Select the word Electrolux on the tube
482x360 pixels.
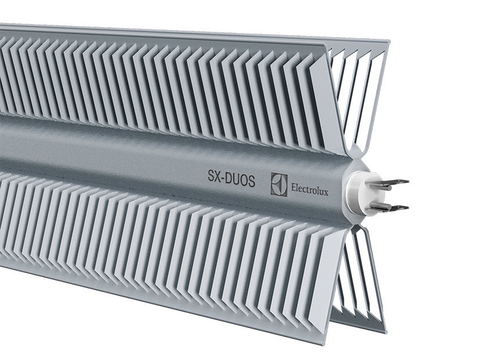(309, 189)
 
